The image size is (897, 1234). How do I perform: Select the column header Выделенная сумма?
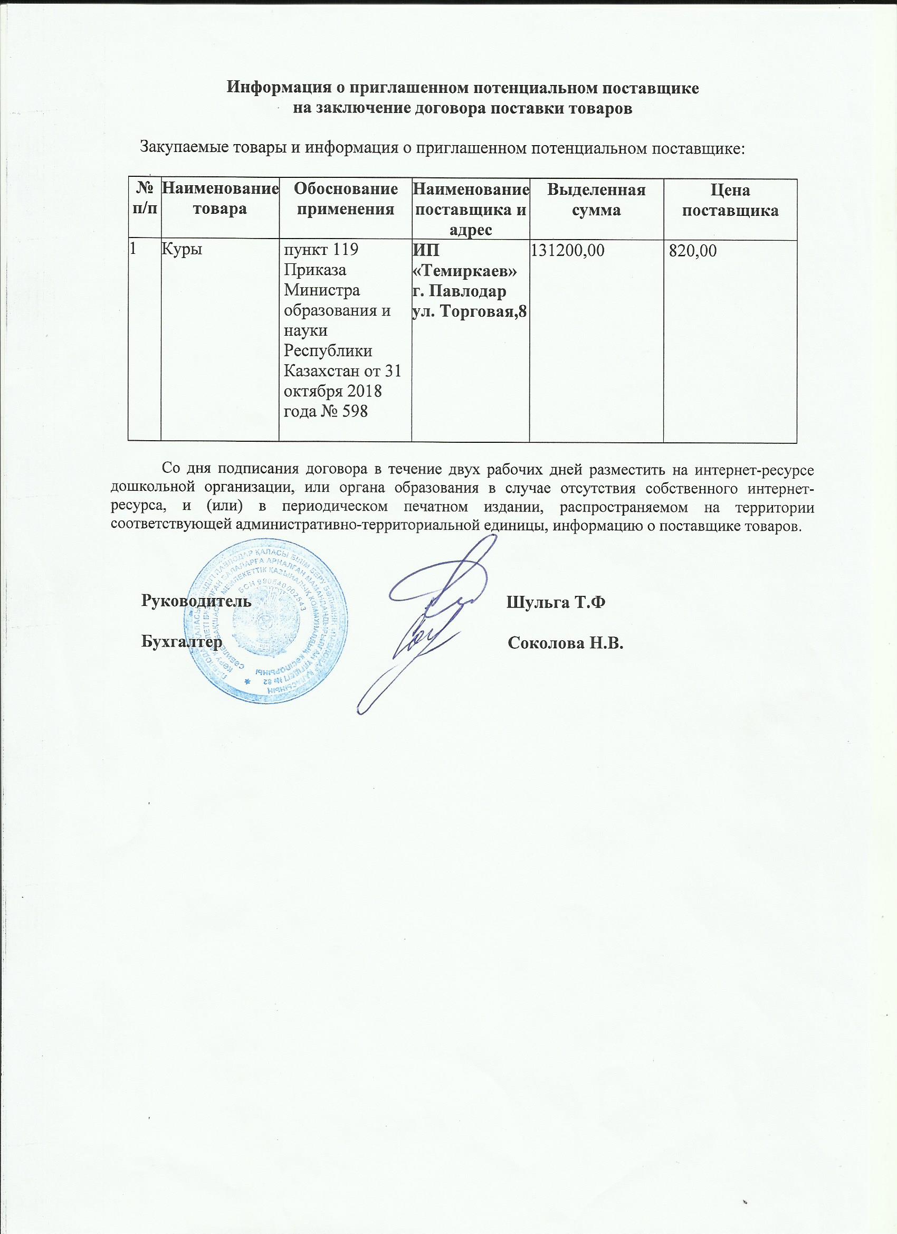click(596, 200)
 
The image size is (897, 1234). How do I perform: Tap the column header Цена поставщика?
click(730, 201)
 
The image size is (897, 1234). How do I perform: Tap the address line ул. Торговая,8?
click(471, 311)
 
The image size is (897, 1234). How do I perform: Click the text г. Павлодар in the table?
click(460, 291)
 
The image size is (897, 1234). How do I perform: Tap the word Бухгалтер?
click(182, 642)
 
